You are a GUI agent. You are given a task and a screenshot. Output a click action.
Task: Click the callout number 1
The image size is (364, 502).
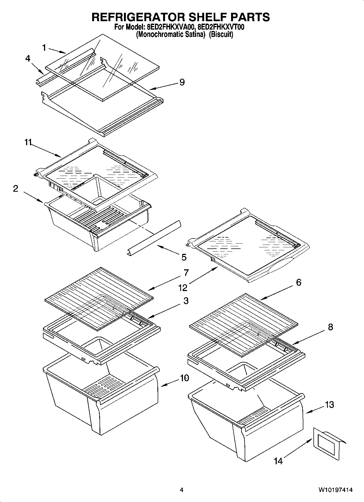44,48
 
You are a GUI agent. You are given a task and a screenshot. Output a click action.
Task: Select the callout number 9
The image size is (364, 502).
182,82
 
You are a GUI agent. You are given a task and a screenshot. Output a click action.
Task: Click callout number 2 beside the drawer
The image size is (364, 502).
15,188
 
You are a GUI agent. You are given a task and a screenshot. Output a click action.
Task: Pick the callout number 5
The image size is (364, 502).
184,257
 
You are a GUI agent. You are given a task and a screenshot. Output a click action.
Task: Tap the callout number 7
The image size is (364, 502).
186,273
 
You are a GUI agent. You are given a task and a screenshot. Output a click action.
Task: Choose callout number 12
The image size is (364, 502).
183,288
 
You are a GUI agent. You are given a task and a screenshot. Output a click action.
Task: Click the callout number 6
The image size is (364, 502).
298,282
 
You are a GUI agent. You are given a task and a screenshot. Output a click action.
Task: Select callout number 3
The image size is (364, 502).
186,301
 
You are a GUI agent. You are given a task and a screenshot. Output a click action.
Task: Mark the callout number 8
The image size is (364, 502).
330,327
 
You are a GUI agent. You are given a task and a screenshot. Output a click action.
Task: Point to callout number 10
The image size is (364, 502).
184,378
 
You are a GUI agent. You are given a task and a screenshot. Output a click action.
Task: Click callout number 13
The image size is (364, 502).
329,405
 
